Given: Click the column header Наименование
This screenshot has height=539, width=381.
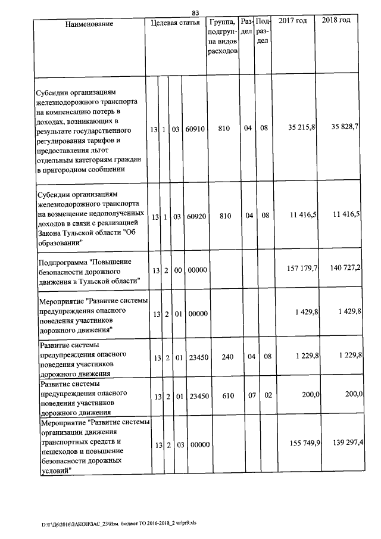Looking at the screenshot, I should tap(90, 24).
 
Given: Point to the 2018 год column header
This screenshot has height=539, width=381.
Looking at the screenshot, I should tap(336, 21).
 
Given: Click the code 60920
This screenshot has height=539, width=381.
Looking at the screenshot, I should tap(196, 216).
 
